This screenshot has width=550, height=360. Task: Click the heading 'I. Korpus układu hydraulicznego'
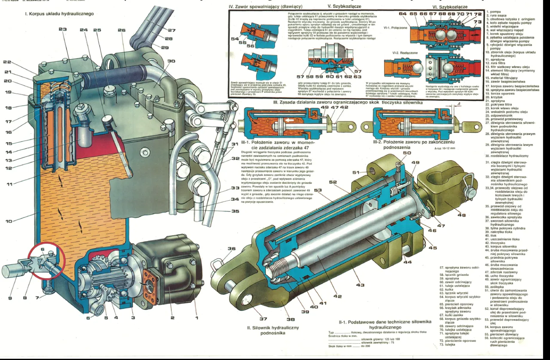coord(59,14)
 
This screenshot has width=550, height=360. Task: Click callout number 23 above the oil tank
coord(63,30)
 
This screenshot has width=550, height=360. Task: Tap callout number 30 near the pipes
coord(171,61)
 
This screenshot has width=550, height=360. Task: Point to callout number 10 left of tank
coord(9,221)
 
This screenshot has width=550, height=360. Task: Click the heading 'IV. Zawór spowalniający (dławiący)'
coord(260,7)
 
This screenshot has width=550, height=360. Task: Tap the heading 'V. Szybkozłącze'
coord(344,6)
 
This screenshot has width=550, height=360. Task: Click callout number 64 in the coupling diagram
coord(403,14)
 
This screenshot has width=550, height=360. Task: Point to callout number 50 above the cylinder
coord(406,153)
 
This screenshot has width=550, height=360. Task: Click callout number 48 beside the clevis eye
coord(461,215)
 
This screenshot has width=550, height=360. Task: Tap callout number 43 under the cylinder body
coord(360,285)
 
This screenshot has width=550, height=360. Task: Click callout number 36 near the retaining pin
coord(232,249)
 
